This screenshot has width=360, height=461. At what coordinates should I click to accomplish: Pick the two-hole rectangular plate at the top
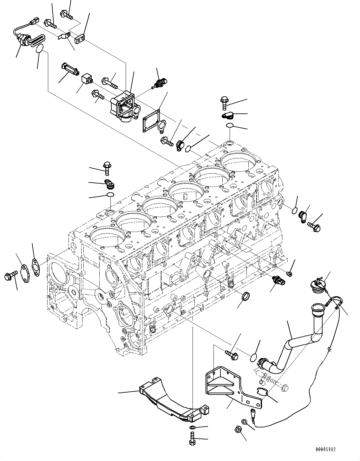pos(81,40)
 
